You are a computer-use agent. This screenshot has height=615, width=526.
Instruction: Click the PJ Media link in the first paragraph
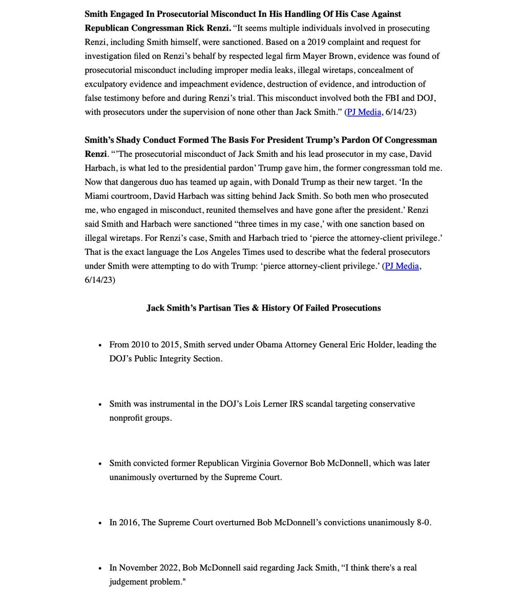(364, 112)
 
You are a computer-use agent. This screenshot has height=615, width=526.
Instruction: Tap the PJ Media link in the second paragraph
(403, 266)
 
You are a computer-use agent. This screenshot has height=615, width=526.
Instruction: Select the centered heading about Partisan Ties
(263, 308)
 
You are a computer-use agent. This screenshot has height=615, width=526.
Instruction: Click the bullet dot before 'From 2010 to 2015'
(100, 345)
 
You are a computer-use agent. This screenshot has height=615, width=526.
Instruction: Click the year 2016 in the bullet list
(128, 523)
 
